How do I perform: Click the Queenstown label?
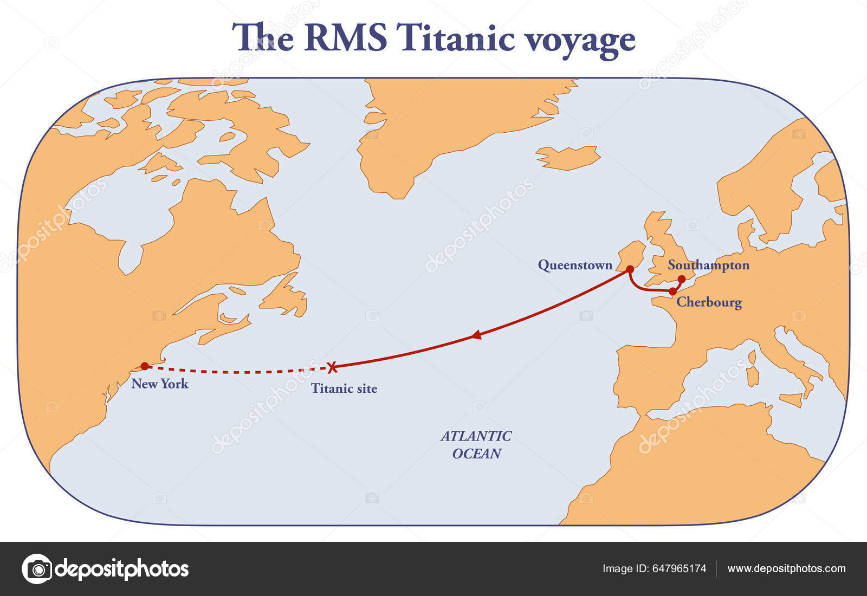575,265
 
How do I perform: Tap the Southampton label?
708,265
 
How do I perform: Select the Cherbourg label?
709,302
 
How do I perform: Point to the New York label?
160,384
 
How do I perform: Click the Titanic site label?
344,388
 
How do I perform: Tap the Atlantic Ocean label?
476,445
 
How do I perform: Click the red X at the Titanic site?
332,367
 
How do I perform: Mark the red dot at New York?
145,366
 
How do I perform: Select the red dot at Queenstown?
630,269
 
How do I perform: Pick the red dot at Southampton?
682,279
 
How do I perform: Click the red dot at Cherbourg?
672,291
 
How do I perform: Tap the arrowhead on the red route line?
476,335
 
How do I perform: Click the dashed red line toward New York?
238,372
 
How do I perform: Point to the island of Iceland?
568,157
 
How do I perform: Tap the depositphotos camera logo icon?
37,569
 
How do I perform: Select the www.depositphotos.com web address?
786,569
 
